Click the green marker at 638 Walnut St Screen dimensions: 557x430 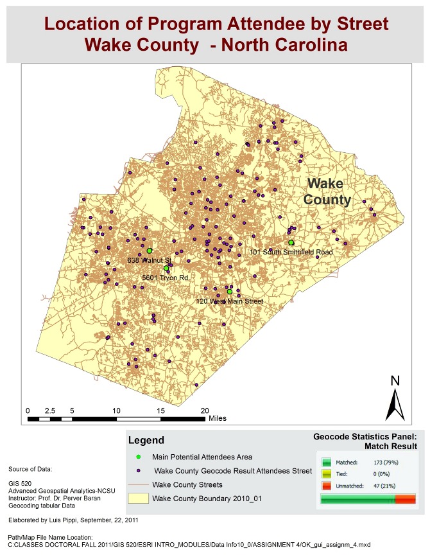pos(149,251)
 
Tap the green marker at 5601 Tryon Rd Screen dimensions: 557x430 pos(166,268)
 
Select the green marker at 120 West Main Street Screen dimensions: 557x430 pos(230,291)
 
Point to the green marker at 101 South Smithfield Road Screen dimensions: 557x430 pos(291,242)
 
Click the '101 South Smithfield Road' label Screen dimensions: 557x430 pos(291,252)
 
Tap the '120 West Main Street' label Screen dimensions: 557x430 pos(229,301)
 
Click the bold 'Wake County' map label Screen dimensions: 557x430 pos(327,191)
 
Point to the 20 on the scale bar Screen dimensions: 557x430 pos(205,410)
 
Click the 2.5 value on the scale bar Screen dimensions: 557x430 pos(49,410)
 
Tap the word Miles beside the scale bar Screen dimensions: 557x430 pos(218,418)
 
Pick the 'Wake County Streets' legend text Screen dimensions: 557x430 pos(187,484)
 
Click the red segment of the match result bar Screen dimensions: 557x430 pos(405,499)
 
